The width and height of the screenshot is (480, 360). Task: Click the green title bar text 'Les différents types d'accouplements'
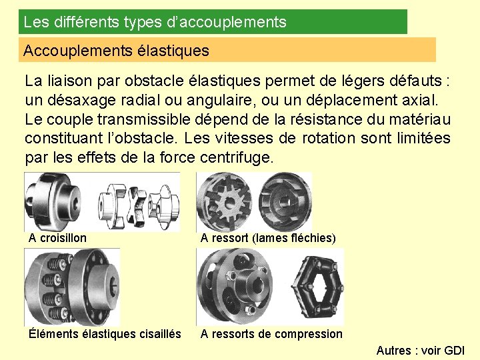(155, 22)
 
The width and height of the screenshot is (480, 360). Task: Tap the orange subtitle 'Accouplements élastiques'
(116, 51)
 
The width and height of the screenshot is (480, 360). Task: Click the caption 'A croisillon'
(57, 238)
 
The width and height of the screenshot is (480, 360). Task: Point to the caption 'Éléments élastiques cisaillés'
(105, 334)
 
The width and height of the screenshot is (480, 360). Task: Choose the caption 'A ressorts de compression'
(271, 334)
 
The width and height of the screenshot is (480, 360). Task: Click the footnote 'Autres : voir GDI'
(420, 351)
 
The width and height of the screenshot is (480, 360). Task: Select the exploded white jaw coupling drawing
(139, 201)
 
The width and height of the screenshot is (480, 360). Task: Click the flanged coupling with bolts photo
(71, 287)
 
